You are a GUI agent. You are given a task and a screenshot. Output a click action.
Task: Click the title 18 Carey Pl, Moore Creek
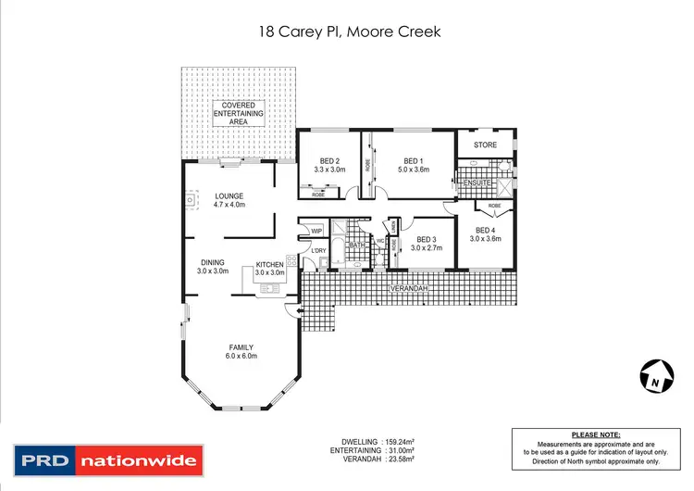pyautogui.click(x=347, y=31)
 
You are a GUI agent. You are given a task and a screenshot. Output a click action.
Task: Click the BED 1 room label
pyautogui.click(x=413, y=159)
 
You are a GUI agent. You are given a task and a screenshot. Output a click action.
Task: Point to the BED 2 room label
pyautogui.click(x=329, y=159)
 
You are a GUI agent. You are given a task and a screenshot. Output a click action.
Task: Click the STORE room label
pyautogui.click(x=486, y=145)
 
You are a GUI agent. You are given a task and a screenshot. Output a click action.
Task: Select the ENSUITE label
pyautogui.click(x=477, y=183)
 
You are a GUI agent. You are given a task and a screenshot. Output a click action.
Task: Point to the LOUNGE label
pyautogui.click(x=229, y=196)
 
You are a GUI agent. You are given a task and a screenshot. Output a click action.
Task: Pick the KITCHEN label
pyautogui.click(x=269, y=264)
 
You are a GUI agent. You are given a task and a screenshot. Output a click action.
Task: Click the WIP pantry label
pyautogui.click(x=316, y=231)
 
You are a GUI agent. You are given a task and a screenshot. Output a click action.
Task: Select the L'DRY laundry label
pyautogui.click(x=319, y=250)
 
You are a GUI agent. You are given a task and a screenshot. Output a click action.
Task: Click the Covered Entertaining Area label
pyautogui.click(x=239, y=114)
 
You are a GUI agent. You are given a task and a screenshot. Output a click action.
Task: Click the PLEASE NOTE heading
pyautogui.click(x=596, y=434)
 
